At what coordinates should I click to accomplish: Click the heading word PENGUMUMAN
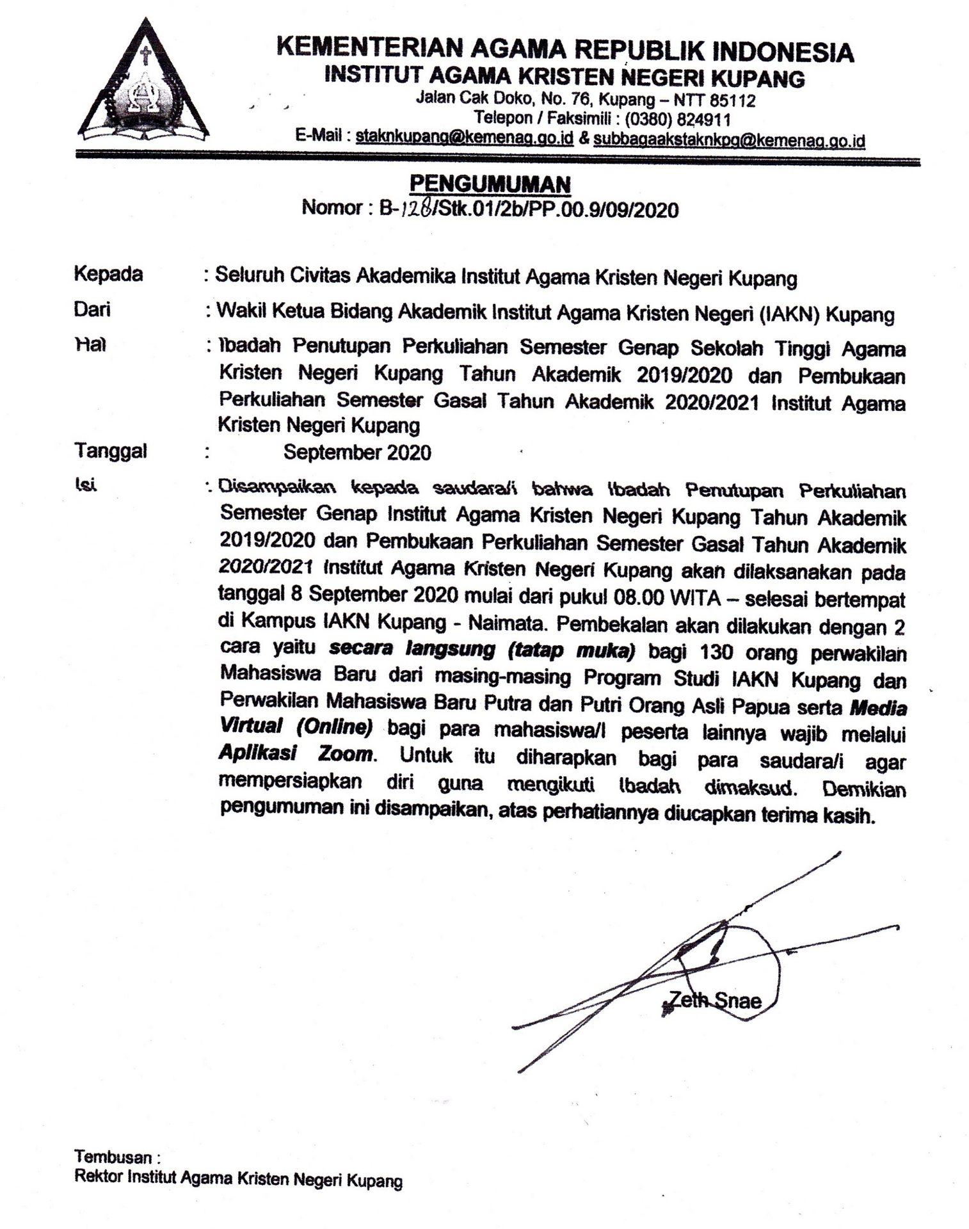pos(490,184)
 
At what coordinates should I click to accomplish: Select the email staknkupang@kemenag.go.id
pos(464,138)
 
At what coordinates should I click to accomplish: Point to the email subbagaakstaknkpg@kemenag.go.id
pos(729,140)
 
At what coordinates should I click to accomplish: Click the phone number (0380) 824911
pos(678,119)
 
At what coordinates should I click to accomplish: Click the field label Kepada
pos(108,274)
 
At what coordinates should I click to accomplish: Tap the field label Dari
pos(92,310)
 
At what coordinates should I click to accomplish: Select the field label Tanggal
pos(111,451)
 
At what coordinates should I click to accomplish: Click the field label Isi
pos(85,486)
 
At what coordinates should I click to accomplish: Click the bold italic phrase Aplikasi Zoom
pos(295,753)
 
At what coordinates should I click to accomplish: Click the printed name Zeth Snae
pos(714,1000)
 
